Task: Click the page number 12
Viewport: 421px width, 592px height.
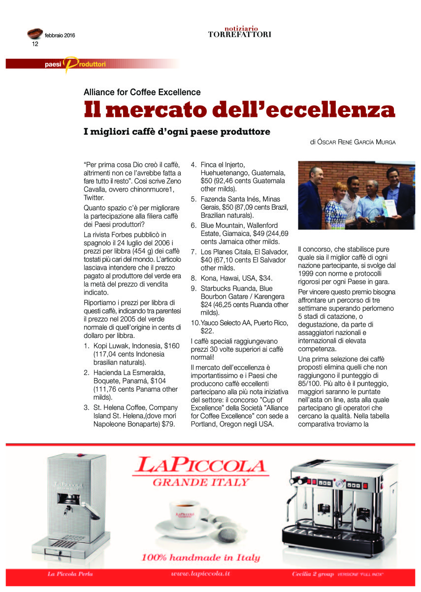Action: point(35,44)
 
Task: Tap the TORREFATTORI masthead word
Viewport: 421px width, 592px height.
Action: point(239,35)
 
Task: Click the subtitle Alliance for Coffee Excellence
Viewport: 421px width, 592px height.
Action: point(142,92)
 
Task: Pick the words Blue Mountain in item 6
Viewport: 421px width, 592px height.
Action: point(224,225)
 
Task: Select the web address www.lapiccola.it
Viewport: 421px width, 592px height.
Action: point(200,575)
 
